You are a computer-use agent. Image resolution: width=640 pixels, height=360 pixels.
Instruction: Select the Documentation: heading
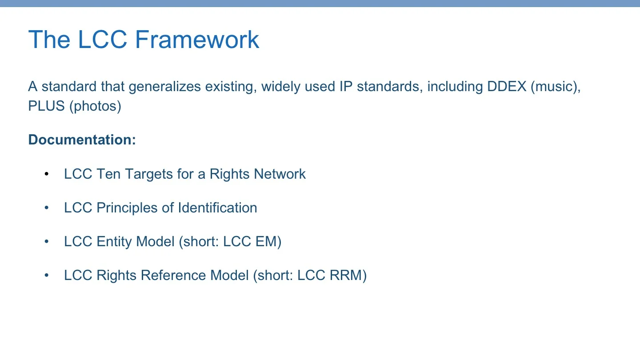82,140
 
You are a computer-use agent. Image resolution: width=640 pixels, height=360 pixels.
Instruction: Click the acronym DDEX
507,86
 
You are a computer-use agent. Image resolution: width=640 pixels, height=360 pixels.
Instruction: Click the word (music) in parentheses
556,86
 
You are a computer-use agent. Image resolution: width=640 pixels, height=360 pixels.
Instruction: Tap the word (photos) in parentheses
95,107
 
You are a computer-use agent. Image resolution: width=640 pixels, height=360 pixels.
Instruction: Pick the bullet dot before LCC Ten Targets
46,174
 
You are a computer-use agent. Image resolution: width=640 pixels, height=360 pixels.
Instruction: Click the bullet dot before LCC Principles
46,208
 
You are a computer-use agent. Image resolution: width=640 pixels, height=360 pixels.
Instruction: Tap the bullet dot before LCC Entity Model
46,241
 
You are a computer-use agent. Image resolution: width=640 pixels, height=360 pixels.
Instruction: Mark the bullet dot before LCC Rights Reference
46,275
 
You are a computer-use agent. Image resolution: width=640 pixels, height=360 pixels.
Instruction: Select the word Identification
217,208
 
